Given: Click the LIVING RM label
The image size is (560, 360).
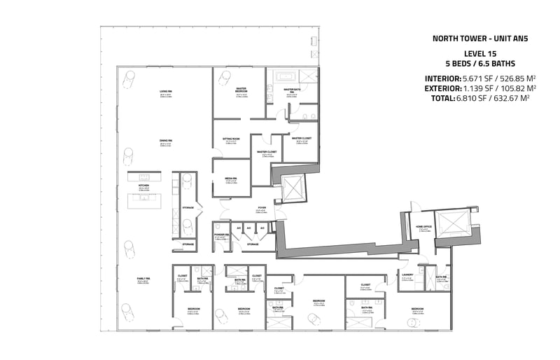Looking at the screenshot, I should coord(166,92).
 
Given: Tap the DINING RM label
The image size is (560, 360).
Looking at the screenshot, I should coord(166,141).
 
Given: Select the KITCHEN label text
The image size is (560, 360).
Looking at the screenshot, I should coord(143,186).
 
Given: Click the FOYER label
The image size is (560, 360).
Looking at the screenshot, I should coord(262,207).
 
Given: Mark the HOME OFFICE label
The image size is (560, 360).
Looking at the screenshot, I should coord(424,227).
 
